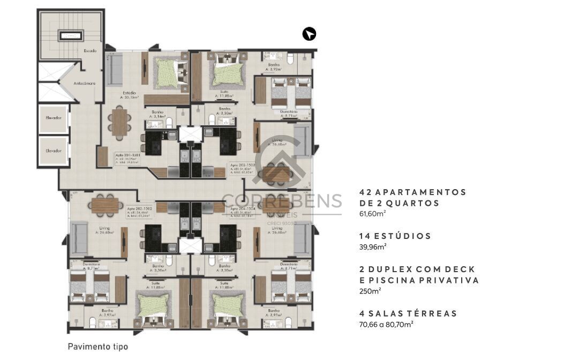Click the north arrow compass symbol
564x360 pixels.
pyautogui.click(x=309, y=34)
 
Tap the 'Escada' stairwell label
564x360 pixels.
pyautogui.click(x=89, y=50)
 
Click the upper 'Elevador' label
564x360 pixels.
pyautogui.click(x=54, y=118)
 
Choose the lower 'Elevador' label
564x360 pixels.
pyautogui.click(x=54, y=151)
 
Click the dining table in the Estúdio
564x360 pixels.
pyautogui.click(x=119, y=122)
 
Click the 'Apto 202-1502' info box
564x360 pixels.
pyautogui.click(x=139, y=211)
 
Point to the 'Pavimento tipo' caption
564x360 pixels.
pyautogui.click(x=98, y=347)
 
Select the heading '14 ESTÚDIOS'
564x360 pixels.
pyautogui.click(x=395, y=236)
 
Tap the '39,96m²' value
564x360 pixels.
pyautogui.click(x=373, y=246)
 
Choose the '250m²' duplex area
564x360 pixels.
pyautogui.click(x=370, y=291)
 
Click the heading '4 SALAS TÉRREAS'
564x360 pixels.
pyautogui.click(x=408, y=313)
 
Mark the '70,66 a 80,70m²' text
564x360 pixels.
pyautogui.click(x=386, y=324)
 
